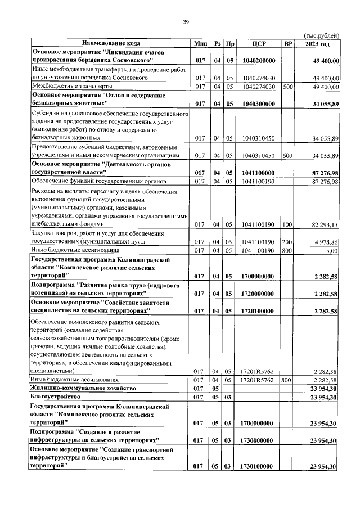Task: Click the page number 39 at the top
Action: [185, 22]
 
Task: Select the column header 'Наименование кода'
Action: [111, 43]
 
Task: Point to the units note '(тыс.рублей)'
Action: [321, 35]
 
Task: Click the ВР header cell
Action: [288, 43]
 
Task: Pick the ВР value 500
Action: [288, 87]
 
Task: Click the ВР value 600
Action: [288, 155]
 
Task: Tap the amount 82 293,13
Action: [321, 224]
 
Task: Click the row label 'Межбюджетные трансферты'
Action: [71, 87]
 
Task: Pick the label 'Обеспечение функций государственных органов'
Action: [99, 181]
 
